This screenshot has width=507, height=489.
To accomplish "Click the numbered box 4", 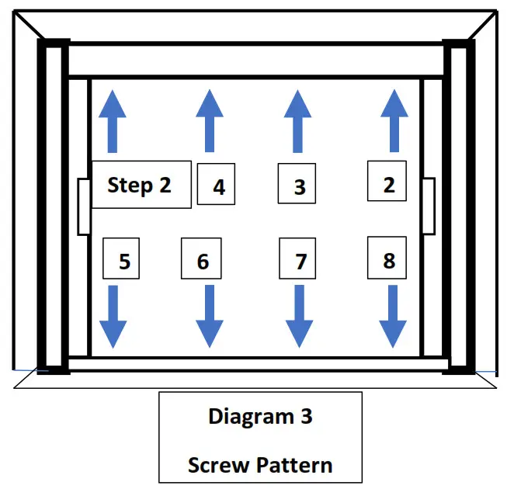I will (216, 185).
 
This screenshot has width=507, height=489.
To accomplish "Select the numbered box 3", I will (298, 185).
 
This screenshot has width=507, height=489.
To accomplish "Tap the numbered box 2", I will (387, 182).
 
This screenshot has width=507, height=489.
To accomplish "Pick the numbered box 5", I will (122, 259).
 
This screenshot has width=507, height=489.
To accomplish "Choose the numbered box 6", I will (201, 259).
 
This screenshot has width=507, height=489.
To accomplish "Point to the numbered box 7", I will (299, 259).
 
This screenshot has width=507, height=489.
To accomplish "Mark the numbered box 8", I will (387, 258).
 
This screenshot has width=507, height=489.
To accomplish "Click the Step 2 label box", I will (141, 185).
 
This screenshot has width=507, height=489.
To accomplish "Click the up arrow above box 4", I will (209, 120).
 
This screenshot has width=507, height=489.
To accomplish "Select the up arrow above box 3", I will (297, 120).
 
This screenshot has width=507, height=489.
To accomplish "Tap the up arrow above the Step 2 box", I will (113, 120).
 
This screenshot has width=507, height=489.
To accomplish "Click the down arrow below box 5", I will (113, 317).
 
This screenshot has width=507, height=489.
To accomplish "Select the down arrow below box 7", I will (299, 317).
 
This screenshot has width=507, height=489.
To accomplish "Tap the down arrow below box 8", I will (392, 317).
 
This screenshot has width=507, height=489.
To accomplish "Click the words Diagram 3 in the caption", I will (260, 416).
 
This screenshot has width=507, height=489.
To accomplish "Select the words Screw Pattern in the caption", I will (260, 465).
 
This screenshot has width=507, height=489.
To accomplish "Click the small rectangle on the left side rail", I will (84, 206).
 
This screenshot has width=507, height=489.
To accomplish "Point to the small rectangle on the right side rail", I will (428, 206).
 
